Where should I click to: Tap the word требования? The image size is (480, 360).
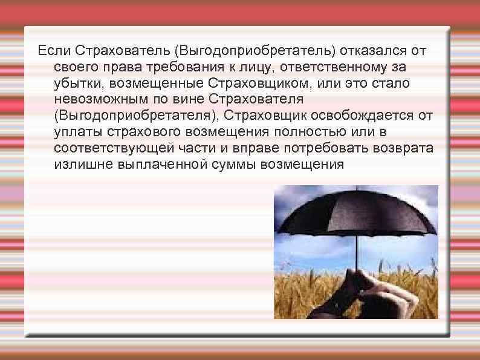[x=181, y=65]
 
